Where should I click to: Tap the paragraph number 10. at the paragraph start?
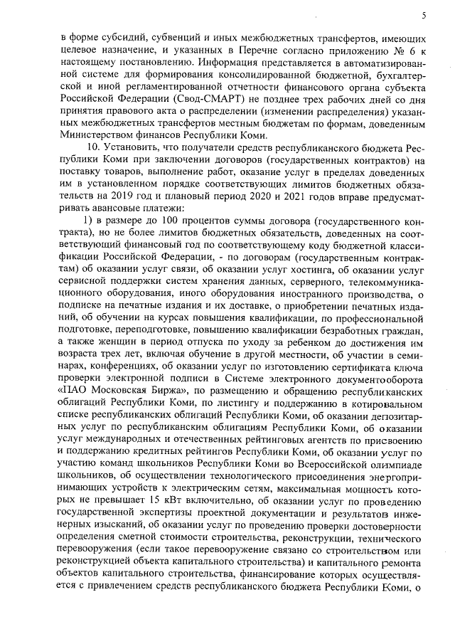coord(95,147)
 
